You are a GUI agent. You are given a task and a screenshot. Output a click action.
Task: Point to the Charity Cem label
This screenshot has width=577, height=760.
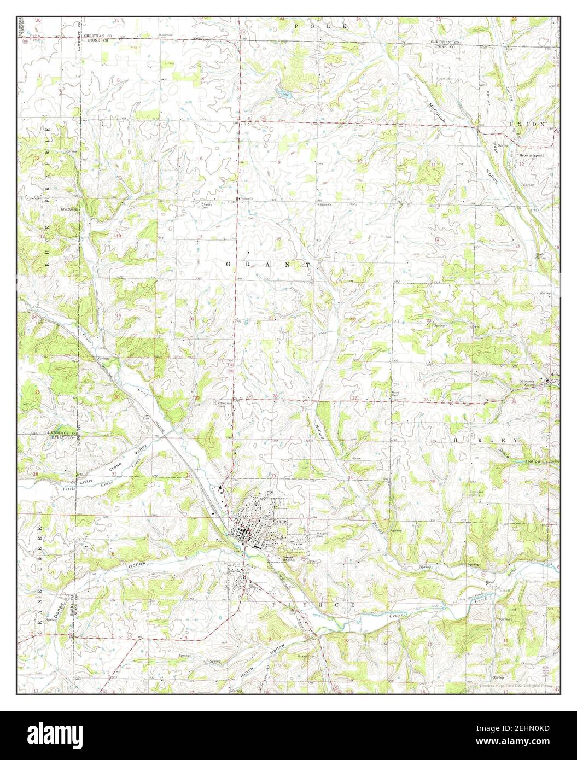[206, 205]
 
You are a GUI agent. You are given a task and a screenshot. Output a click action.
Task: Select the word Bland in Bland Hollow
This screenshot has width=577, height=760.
[517, 454]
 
